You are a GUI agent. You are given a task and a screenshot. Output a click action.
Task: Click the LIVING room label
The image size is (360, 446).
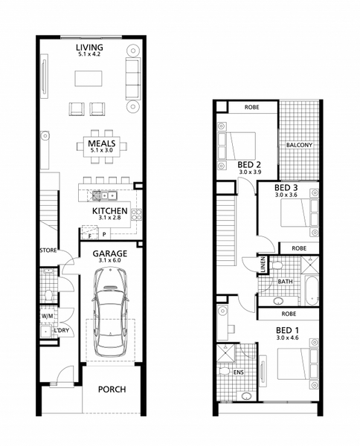89,48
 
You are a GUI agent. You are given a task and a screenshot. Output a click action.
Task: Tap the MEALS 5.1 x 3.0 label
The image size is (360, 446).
102,146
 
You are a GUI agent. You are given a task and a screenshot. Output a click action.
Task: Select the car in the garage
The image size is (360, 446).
110,312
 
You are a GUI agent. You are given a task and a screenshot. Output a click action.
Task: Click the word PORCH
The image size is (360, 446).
112,390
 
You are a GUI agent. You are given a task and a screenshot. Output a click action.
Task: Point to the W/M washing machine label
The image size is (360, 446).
47,316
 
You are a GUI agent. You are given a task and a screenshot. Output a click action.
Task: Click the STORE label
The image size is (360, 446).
48,251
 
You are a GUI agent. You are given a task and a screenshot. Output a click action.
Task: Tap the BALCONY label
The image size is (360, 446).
300,145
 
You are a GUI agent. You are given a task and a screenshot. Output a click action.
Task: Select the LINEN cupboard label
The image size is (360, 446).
263,265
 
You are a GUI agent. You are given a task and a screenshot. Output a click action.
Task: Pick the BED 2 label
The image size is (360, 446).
249,165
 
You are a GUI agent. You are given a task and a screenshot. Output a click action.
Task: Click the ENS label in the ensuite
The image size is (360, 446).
239,372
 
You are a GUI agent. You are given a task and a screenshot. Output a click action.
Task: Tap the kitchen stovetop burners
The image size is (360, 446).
137,215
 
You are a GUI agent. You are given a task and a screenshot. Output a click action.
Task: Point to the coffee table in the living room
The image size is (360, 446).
89,78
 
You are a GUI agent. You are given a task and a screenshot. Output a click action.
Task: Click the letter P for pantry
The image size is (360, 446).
104,235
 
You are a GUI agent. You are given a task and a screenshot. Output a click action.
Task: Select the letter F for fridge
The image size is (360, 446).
90,236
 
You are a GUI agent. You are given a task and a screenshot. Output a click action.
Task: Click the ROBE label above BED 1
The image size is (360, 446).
289,314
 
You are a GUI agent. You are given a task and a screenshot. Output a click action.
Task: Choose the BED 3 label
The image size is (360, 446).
286,188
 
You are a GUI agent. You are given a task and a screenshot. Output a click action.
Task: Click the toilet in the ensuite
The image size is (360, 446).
225,371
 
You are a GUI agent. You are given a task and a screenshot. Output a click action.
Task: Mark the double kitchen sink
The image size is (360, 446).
109,195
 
